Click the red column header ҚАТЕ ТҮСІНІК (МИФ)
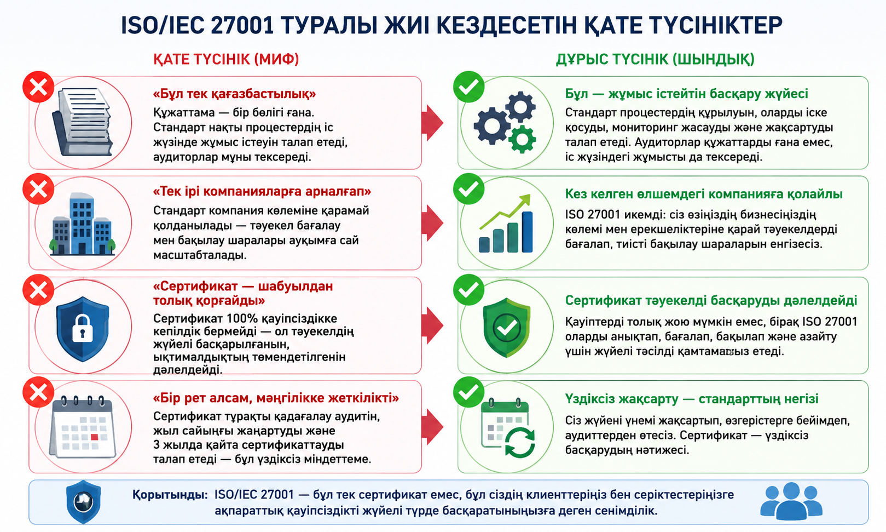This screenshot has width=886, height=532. coord(226,59)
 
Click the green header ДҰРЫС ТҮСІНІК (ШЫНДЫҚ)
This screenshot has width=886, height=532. coord(655,59)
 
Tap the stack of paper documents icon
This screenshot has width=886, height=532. coord(82,122)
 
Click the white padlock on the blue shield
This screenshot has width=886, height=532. coord(82,328)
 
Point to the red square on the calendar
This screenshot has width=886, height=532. coord(94,437)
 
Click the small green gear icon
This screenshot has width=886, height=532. coord(522,139)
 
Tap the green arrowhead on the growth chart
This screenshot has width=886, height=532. coord(525,199)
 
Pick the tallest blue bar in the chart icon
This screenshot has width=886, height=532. coord(527,232)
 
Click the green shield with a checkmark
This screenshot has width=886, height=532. coord(506,327)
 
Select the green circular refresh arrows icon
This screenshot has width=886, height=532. coord(520,443)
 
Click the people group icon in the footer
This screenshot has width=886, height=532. coord(791,501)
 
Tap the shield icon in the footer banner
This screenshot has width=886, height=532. coord(84,502)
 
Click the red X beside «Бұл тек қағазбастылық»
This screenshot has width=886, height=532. coord(38,87)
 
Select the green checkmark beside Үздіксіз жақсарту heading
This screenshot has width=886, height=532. coord(468,392)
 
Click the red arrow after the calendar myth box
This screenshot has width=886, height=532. coord(432,427)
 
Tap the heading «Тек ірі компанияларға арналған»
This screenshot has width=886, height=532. coord(262,192)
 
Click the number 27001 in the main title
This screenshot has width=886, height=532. coord(242,25)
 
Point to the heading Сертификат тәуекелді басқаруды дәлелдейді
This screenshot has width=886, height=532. coord(711,300)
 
